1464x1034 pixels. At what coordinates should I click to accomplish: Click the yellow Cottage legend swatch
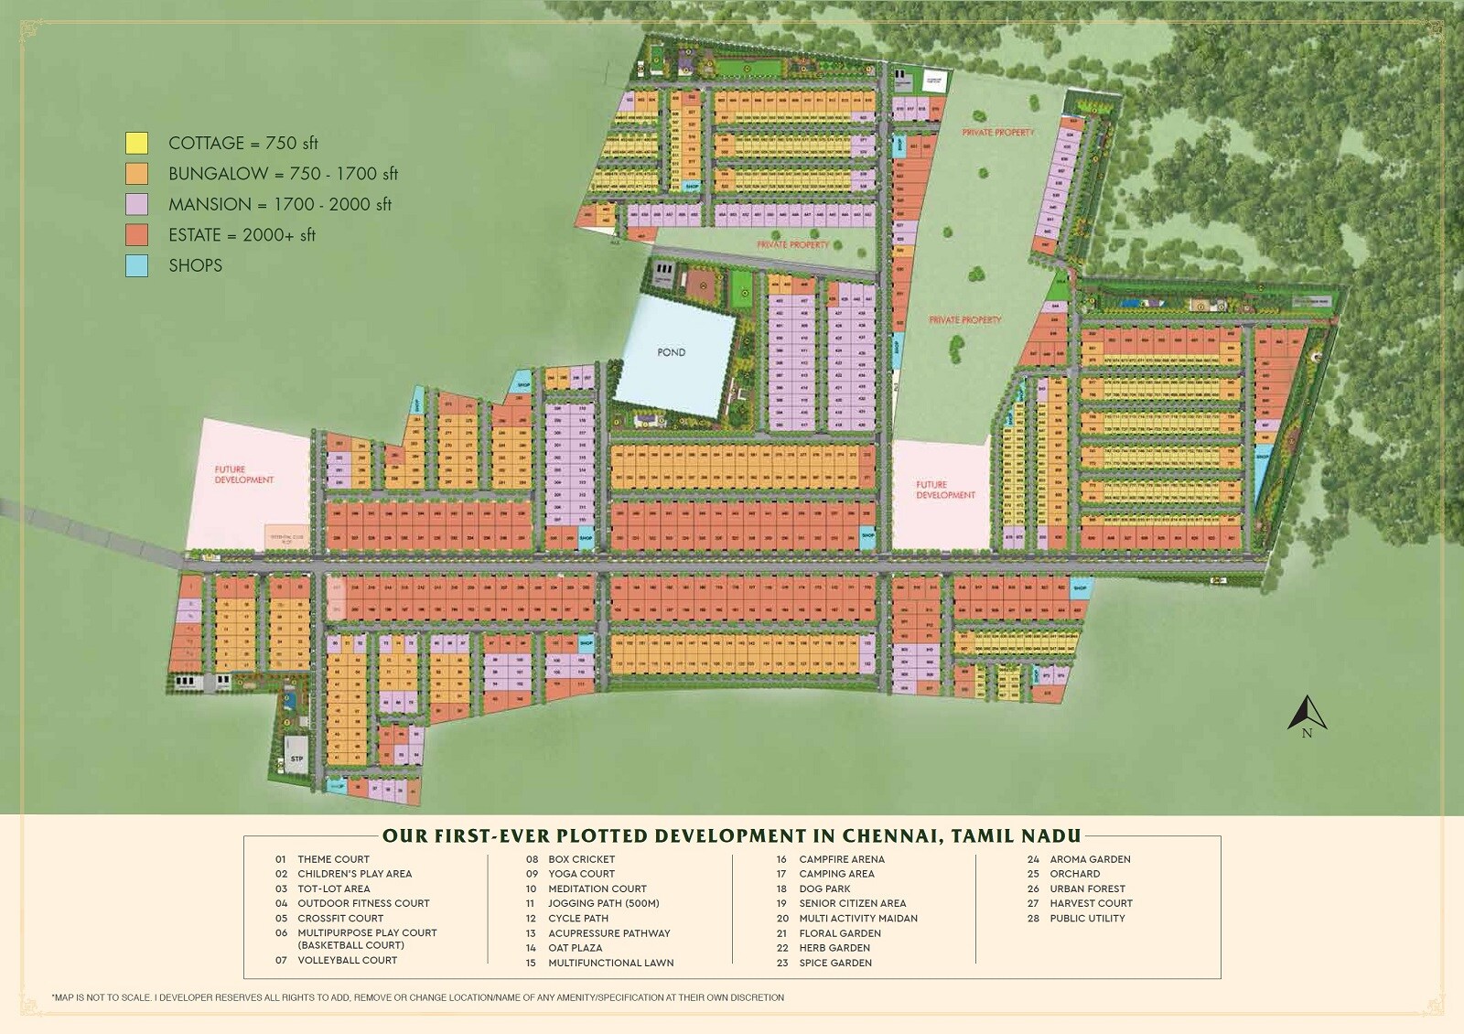point(136,143)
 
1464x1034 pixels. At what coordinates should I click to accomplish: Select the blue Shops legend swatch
point(136,265)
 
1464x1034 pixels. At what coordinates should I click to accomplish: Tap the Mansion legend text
point(279,204)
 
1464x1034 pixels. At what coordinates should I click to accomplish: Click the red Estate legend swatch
point(136,234)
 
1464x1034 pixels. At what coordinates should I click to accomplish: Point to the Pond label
point(671,352)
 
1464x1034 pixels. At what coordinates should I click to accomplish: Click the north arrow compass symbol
point(1307,716)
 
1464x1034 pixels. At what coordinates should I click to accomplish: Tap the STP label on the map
point(296,759)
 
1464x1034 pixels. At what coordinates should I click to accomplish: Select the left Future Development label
point(243,474)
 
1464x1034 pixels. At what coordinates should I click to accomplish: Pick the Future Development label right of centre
point(945,490)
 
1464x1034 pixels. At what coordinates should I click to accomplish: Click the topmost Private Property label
point(997,133)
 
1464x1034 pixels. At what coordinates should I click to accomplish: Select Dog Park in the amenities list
point(824,889)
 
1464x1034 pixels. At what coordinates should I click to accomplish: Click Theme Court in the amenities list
point(333,859)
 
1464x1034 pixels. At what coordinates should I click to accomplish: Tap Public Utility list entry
point(1087,918)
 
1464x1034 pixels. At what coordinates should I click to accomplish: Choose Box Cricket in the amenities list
point(581,859)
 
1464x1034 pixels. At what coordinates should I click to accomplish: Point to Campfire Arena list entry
point(841,859)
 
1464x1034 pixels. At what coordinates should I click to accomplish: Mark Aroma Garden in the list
point(1090,859)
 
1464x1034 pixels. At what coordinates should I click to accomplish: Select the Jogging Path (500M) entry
point(603,903)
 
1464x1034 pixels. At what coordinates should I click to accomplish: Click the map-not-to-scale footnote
point(418,997)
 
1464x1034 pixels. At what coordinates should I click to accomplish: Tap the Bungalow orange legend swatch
point(136,174)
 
